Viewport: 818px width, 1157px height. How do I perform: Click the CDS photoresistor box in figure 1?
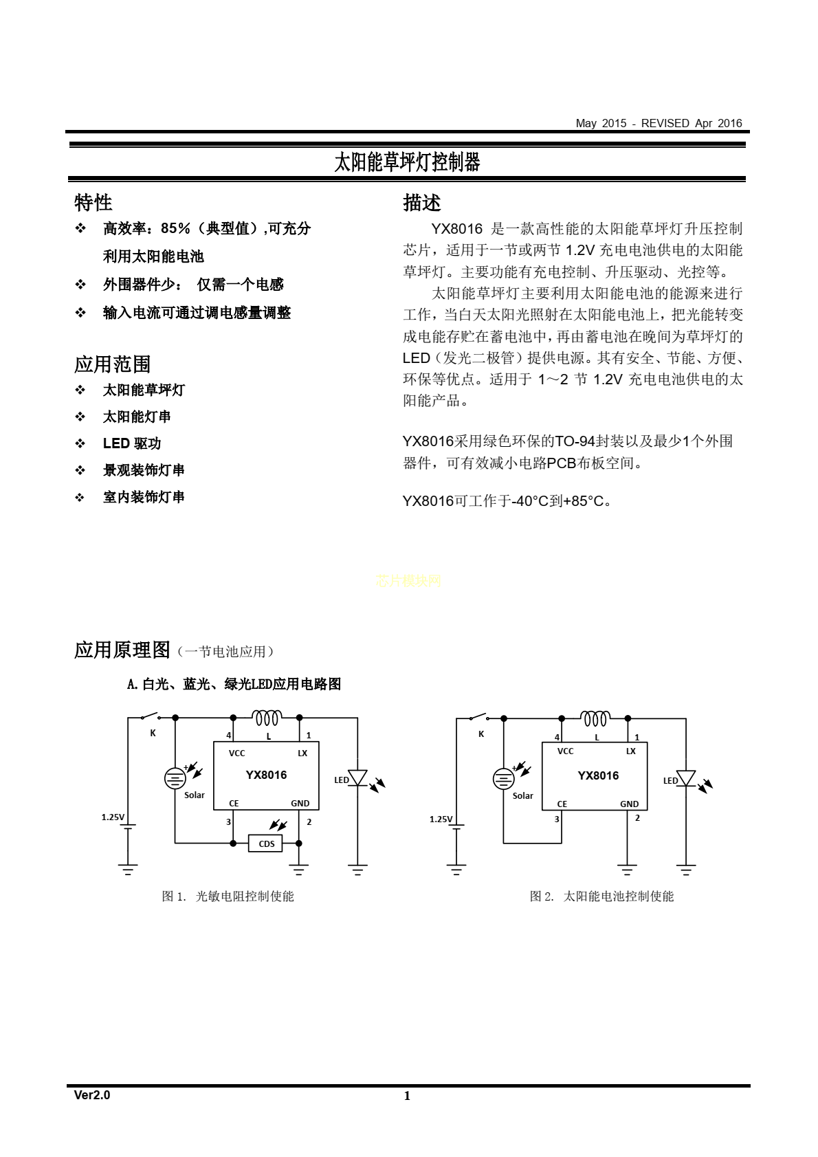(265, 844)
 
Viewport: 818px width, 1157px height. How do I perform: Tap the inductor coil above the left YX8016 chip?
(267, 718)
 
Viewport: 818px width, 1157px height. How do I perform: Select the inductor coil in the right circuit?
(595, 718)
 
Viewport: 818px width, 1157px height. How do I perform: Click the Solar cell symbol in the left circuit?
(175, 778)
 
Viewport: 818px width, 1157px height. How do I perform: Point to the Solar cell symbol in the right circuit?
(503, 779)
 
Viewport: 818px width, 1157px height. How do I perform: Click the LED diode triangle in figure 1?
(357, 778)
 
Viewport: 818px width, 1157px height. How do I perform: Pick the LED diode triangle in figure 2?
(686, 778)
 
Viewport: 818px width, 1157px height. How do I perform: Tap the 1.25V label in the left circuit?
(113, 817)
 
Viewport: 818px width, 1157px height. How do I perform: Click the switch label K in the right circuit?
(481, 734)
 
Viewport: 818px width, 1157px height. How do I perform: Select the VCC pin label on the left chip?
(237, 753)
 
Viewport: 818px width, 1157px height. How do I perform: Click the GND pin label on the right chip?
(630, 804)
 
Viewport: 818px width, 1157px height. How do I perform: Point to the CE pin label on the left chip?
(234, 803)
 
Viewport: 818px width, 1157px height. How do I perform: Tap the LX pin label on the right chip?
(631, 751)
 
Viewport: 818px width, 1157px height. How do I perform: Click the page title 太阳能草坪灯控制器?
(408, 162)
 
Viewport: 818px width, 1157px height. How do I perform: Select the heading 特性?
(93, 203)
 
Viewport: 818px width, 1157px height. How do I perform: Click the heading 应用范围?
(112, 364)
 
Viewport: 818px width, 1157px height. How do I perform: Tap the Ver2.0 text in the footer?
(92, 1095)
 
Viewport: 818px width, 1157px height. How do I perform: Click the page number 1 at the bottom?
(407, 1096)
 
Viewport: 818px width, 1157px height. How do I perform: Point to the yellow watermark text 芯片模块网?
(408, 581)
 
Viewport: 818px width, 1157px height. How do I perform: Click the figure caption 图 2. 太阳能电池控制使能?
(601, 896)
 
